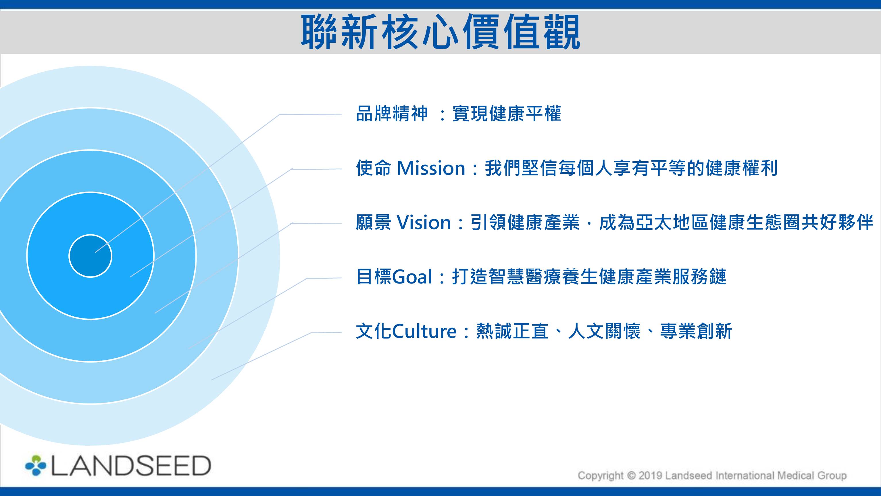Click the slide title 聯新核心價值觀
pyautogui.click(x=440, y=32)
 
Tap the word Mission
pyautogui.click(x=431, y=168)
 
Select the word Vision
pyautogui.click(x=423, y=223)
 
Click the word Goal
pyautogui.click(x=412, y=277)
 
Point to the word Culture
pyautogui.click(x=424, y=331)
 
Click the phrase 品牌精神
pyautogui.click(x=392, y=114)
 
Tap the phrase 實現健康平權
pyautogui.click(x=507, y=114)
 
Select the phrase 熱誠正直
pyautogui.click(x=512, y=331)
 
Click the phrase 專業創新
pyautogui.click(x=696, y=331)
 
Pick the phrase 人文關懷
pyautogui.click(x=604, y=331)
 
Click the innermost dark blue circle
pyautogui.click(x=90, y=256)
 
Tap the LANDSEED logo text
pyautogui.click(x=131, y=466)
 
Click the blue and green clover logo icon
pyautogui.click(x=36, y=466)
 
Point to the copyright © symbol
pyautogui.click(x=630, y=476)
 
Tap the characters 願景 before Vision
pyautogui.click(x=374, y=223)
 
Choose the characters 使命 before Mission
pyautogui.click(x=374, y=168)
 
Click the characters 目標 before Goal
pyautogui.click(x=374, y=277)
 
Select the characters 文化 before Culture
pyautogui.click(x=374, y=331)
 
